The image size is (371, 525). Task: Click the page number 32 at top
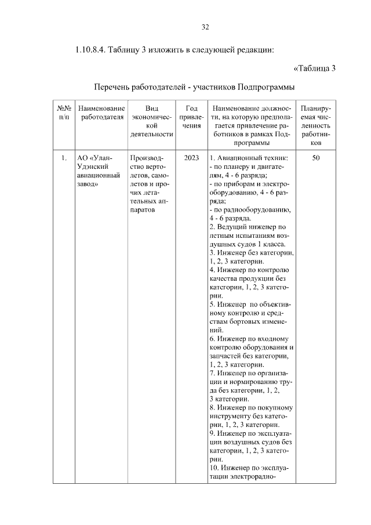click(x=205, y=27)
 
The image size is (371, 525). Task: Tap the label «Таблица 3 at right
click(x=315, y=68)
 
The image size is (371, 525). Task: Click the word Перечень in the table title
click(x=114, y=87)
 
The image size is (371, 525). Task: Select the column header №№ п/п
click(x=64, y=113)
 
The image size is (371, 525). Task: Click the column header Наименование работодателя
click(x=101, y=113)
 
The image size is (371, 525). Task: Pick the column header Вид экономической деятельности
click(x=152, y=121)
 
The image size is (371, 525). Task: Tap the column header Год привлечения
click(x=191, y=117)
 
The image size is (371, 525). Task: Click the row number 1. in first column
click(x=64, y=157)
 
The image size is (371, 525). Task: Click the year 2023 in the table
click(x=191, y=157)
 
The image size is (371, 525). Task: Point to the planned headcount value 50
click(x=317, y=157)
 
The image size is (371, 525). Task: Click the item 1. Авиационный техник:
click(x=252, y=157)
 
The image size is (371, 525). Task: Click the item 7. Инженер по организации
click(x=252, y=375)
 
